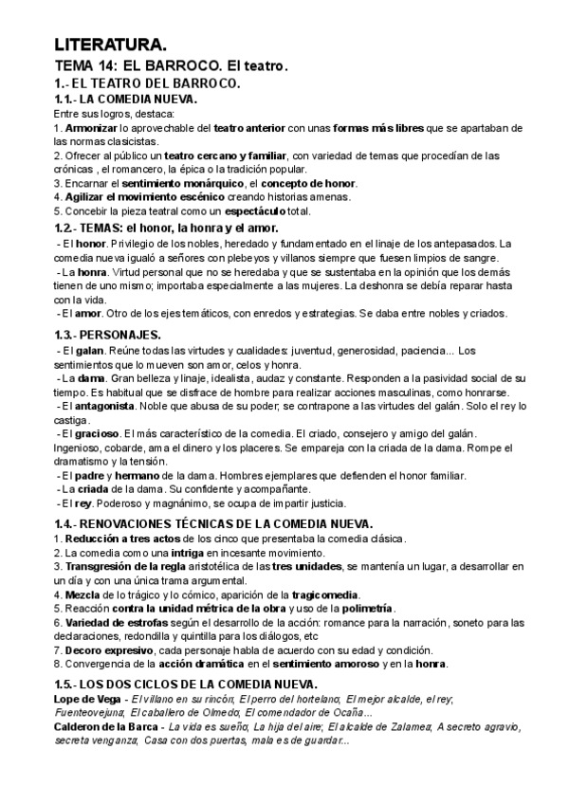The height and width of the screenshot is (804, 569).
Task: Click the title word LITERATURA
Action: click(110, 45)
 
